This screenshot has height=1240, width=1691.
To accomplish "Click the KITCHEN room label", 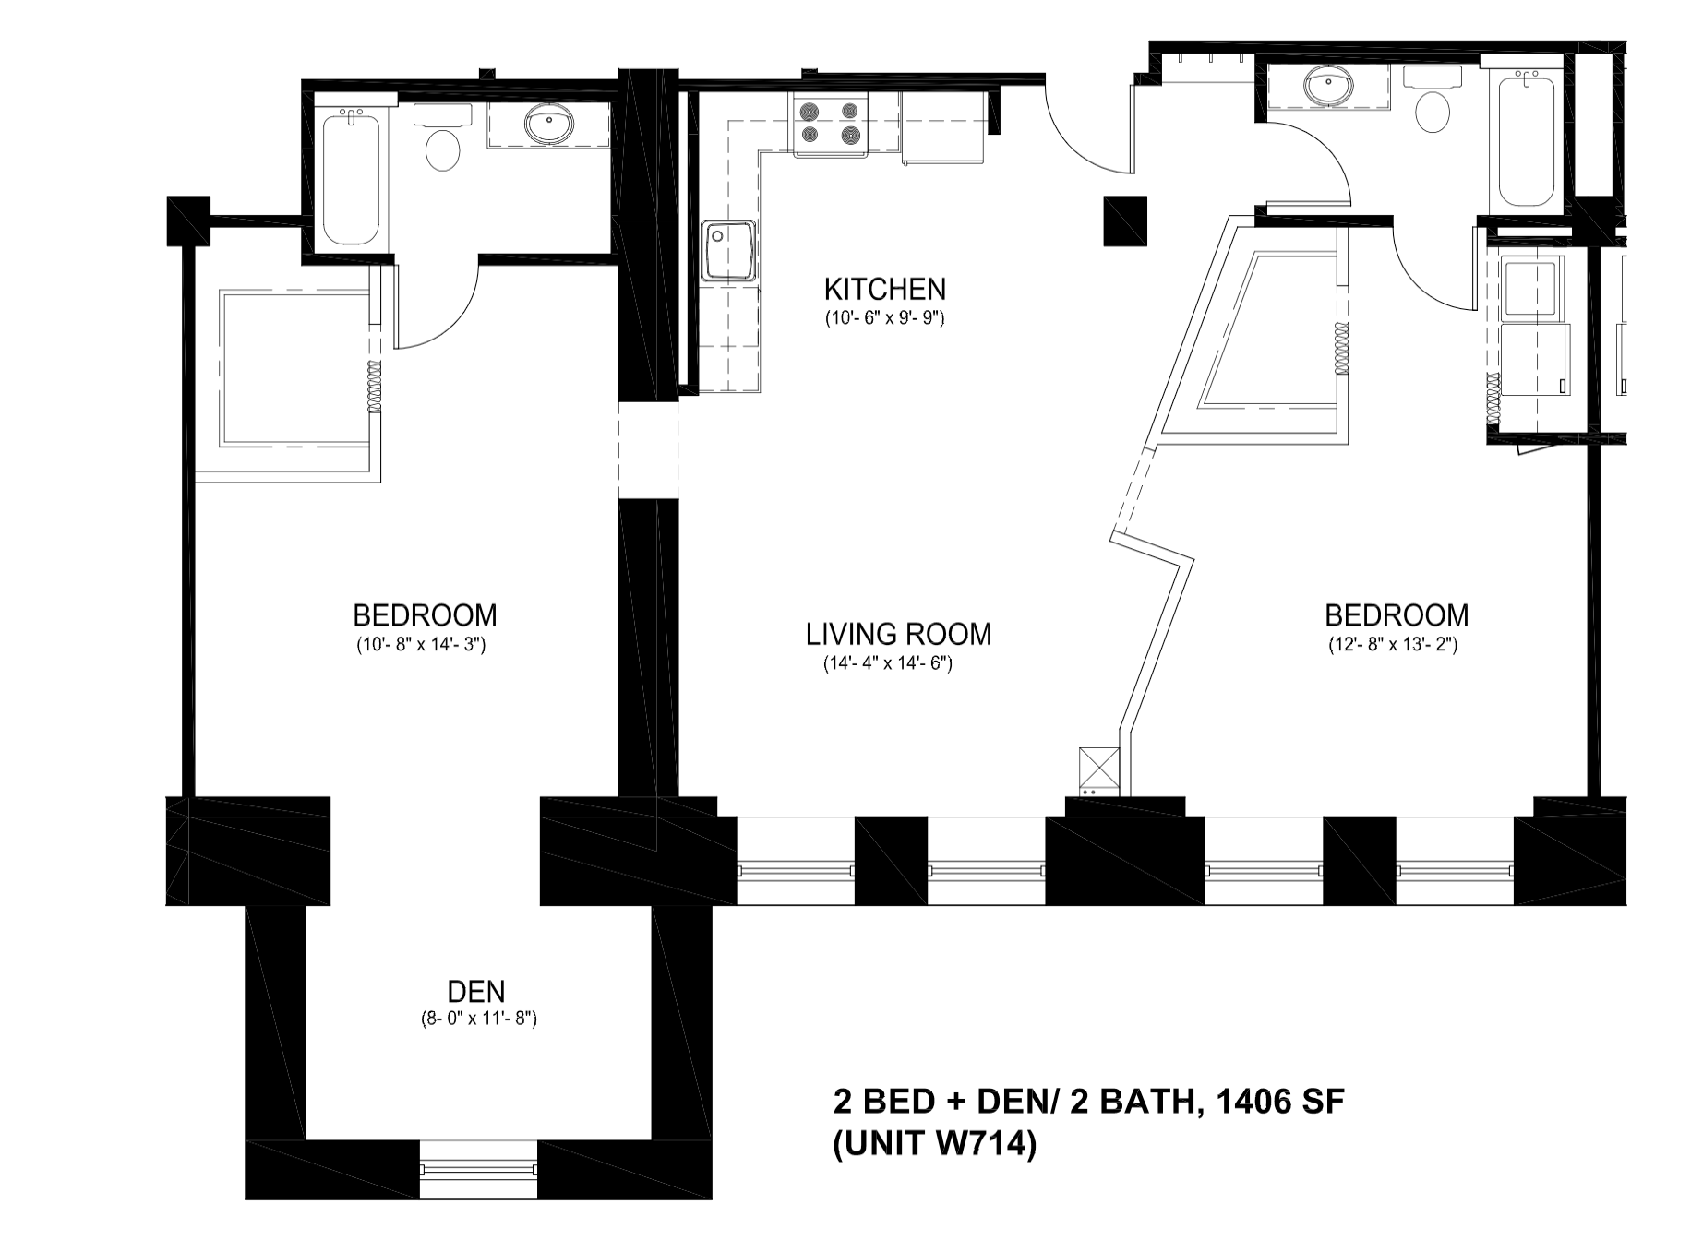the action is [884, 290].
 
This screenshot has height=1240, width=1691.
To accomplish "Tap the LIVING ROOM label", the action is [898, 635].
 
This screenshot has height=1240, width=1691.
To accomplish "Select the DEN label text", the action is [476, 992].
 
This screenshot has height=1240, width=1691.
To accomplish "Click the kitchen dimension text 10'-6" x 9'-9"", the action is [884, 319].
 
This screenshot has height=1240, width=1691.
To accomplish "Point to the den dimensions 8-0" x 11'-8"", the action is [476, 1019].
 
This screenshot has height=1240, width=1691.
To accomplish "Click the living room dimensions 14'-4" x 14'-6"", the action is [887, 663].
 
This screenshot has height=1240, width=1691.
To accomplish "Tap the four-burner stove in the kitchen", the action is [829, 125].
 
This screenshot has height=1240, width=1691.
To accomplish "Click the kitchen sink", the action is [728, 250].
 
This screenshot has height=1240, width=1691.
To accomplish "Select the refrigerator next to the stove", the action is [945, 126].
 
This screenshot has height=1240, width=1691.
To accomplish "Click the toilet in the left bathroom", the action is [443, 138].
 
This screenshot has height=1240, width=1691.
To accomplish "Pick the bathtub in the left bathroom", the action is [351, 176].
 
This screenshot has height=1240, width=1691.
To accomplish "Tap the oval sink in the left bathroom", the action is [548, 125].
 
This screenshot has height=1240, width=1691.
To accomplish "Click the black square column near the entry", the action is [1125, 221].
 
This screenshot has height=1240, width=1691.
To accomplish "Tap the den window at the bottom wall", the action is [478, 1169].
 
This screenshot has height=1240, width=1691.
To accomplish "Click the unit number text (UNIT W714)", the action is [934, 1145].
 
